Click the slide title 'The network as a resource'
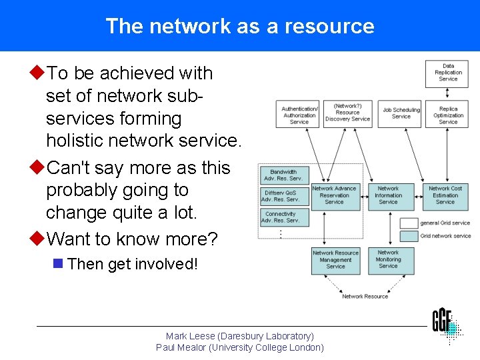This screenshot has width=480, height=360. [x=240, y=26]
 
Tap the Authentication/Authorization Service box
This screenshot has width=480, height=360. [x=299, y=115]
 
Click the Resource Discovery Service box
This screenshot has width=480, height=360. [x=347, y=113]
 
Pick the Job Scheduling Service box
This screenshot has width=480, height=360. [x=401, y=113]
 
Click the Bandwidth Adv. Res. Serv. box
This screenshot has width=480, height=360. [x=283, y=175]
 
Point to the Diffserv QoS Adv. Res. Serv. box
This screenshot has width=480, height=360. [x=283, y=197]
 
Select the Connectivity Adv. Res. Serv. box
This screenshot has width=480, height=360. [x=283, y=217]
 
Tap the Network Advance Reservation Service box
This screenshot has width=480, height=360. [x=334, y=195]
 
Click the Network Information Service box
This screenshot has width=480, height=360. [x=388, y=195]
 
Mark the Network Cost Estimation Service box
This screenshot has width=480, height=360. [x=445, y=195]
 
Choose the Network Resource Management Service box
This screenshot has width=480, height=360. [x=335, y=260]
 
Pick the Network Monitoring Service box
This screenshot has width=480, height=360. [x=388, y=260]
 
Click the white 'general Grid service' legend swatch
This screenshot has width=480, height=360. [x=409, y=223]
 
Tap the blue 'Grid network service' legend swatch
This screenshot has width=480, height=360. [x=409, y=236]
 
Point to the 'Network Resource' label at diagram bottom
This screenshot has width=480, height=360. [x=365, y=297]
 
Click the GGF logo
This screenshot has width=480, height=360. [x=446, y=323]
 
